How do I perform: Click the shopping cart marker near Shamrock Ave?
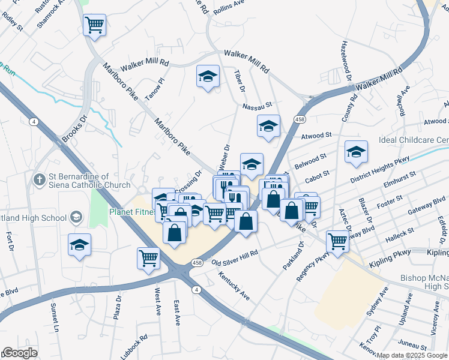[94, 25]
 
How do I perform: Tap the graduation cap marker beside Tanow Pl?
[208, 77]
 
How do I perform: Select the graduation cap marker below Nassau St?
[268, 126]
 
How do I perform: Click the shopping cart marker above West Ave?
[148, 259]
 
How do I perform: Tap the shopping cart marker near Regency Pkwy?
[337, 241]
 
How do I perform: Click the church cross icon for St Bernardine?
[40, 179]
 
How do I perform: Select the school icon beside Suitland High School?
[76, 216]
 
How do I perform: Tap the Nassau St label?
[258, 106]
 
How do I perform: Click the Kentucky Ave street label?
[234, 287]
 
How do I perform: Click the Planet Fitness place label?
[130, 211]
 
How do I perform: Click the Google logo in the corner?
[20, 353]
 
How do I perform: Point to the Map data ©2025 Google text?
[412, 355]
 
